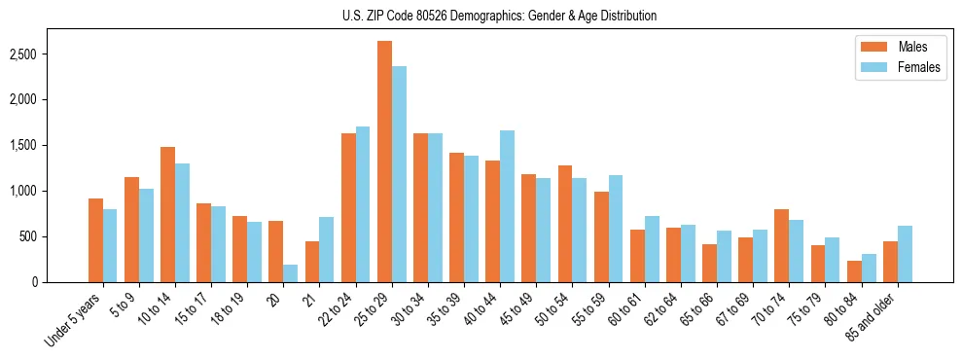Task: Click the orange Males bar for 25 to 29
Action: pos(384,162)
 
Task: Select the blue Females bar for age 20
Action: pos(291,273)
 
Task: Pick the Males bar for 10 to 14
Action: pos(167,214)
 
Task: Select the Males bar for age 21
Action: pos(312,262)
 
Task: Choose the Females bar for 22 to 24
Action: pos(363,204)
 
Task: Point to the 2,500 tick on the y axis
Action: pos(48,54)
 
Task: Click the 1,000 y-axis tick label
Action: pos(48,191)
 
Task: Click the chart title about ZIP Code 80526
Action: pos(499,16)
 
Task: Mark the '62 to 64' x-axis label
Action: pos(663,310)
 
